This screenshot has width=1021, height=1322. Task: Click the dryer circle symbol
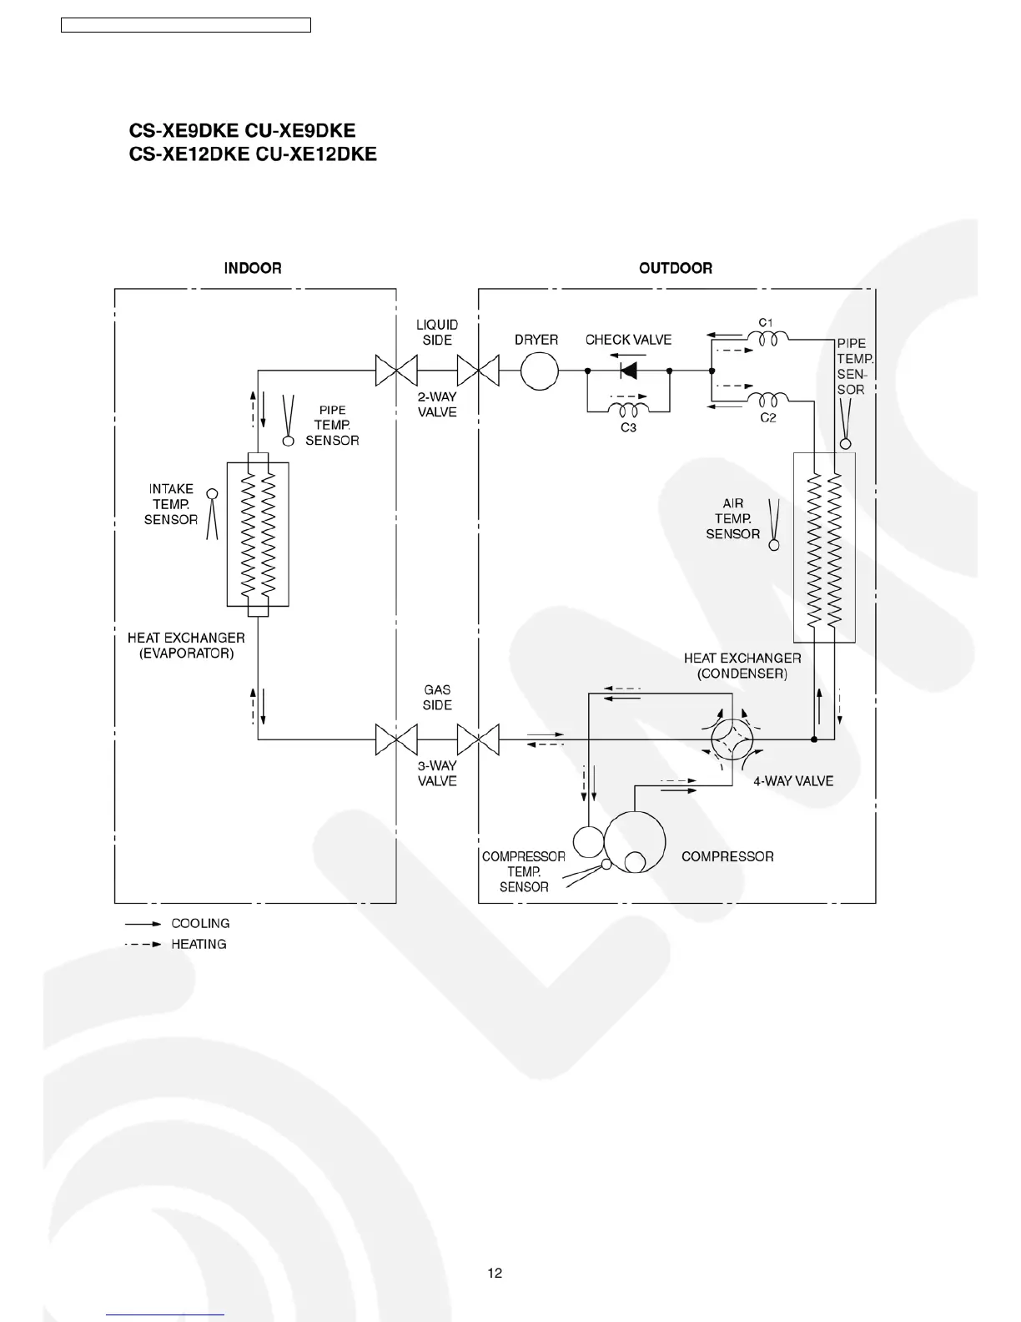pyautogui.click(x=540, y=371)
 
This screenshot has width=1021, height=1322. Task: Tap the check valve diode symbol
pyautogui.click(x=627, y=371)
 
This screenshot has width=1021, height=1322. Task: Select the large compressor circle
pyautogui.click(x=634, y=843)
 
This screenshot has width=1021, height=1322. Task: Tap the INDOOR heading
pyautogui.click(x=253, y=268)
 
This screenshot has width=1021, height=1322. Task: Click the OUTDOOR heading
pyautogui.click(x=676, y=268)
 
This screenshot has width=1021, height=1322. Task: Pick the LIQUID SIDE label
pyautogui.click(x=437, y=332)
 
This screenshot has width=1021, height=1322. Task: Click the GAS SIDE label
pyautogui.click(x=437, y=697)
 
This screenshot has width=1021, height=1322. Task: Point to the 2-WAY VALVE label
pyautogui.click(x=437, y=405)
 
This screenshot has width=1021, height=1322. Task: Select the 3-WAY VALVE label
pyautogui.click(x=437, y=773)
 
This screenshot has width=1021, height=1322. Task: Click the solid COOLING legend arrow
pyautogui.click(x=143, y=924)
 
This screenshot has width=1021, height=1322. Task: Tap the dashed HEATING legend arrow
pyautogui.click(x=143, y=945)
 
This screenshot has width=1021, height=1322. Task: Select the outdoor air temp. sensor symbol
pyautogui.click(x=773, y=526)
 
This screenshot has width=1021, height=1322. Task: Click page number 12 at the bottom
pyautogui.click(x=495, y=1273)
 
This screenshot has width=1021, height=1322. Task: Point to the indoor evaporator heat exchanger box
pyautogui.click(x=258, y=534)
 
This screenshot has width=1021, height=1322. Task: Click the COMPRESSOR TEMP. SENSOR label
pyautogui.click(x=524, y=871)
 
